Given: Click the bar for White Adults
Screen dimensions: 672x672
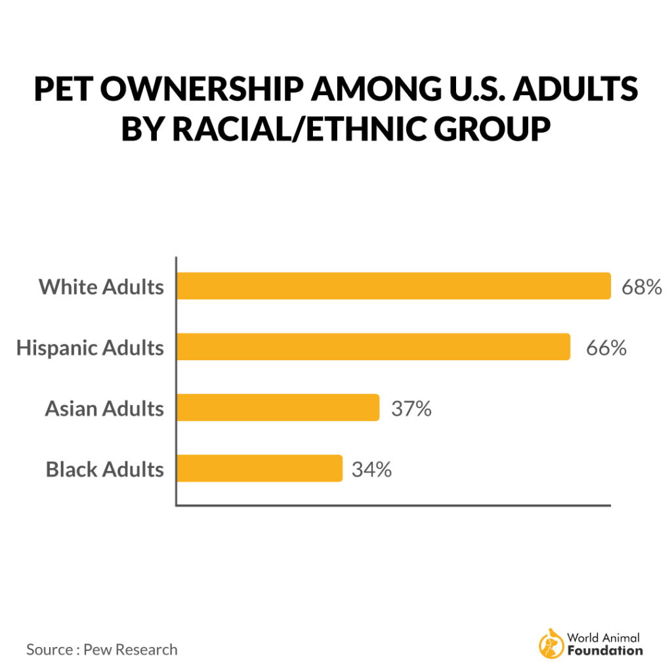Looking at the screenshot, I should point(394,286).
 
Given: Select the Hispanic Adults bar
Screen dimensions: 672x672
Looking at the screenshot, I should point(373,346).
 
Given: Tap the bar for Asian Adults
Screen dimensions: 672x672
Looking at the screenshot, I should point(278,408).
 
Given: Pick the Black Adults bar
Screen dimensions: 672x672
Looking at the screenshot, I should point(260,469).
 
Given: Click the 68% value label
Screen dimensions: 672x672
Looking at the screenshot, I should point(642,287).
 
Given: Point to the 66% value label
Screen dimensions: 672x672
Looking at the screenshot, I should point(607,347).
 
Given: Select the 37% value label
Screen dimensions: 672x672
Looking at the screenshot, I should point(411,408).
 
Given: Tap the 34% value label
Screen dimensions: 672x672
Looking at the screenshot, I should point(371,469).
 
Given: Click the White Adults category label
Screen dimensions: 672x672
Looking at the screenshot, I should point(101,287).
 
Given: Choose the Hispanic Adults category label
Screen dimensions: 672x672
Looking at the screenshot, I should point(90,348).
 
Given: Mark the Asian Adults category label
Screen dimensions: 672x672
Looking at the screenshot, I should point(104,409).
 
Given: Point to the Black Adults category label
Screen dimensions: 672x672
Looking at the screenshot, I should point(105,470).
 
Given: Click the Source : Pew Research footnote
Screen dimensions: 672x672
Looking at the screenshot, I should point(102,650).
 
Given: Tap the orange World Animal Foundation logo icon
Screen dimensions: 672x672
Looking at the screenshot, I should point(551,644).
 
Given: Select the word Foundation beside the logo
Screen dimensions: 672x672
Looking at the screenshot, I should point(604,651).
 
